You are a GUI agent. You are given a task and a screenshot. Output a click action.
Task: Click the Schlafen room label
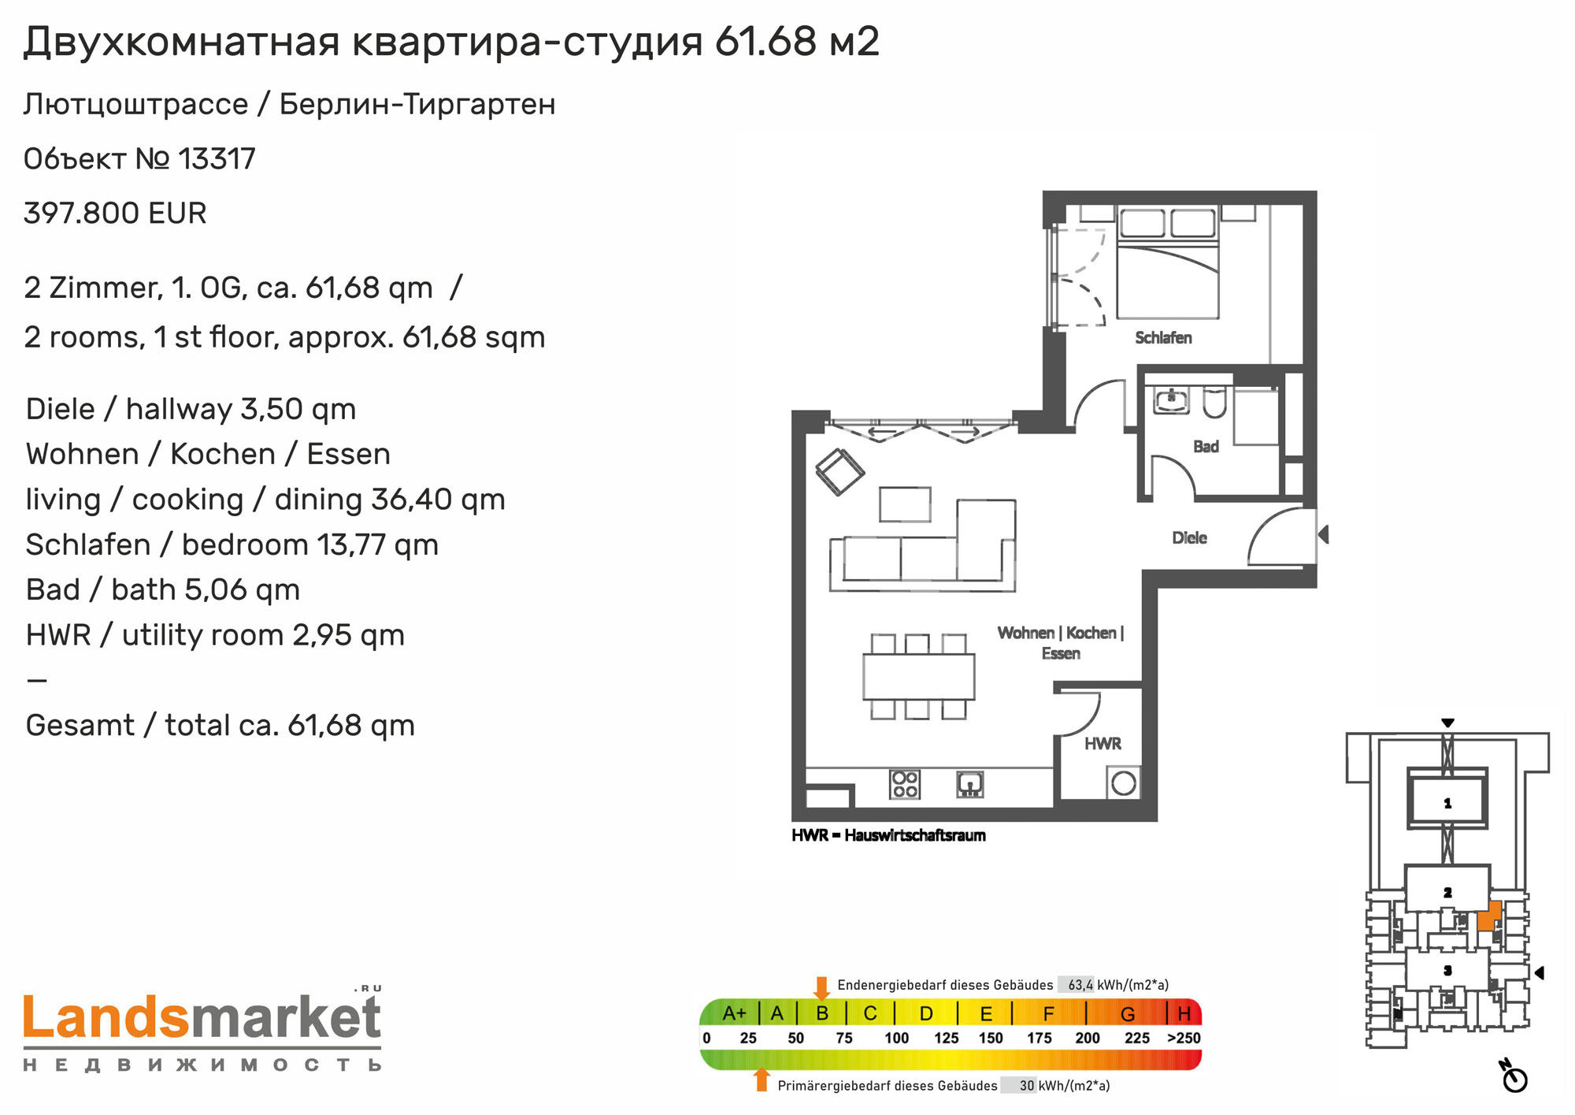(1163, 338)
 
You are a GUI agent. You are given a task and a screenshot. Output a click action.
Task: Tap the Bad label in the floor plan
(1206, 447)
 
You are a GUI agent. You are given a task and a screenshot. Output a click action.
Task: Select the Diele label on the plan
(1189, 538)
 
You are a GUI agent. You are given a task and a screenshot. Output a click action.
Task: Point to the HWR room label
(1102, 744)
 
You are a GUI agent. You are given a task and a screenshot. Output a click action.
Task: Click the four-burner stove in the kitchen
(905, 784)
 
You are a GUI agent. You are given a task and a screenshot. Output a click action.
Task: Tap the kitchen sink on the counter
(970, 784)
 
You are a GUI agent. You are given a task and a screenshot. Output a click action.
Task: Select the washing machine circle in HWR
(1124, 783)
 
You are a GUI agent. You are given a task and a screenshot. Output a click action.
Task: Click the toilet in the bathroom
(1214, 402)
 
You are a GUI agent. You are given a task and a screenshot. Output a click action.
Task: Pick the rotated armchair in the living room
(839, 472)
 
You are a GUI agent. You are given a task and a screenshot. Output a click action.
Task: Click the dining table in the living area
(918, 677)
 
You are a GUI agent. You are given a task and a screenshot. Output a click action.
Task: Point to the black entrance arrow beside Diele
(1324, 534)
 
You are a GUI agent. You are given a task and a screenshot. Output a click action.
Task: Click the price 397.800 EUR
(115, 214)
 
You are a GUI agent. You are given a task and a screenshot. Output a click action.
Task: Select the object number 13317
(217, 159)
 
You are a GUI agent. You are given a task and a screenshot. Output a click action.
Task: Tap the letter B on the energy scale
(822, 1013)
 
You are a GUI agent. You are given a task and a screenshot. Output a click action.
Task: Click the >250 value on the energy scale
(1184, 1039)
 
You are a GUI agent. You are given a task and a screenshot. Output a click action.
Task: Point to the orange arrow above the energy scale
(822, 988)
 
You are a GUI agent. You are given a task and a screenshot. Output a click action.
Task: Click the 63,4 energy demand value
(1080, 985)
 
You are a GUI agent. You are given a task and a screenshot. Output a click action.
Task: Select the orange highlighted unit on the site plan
(1489, 916)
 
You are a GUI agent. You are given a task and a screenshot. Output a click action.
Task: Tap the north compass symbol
(1514, 1076)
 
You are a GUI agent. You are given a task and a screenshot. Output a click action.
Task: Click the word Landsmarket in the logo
(202, 1017)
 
